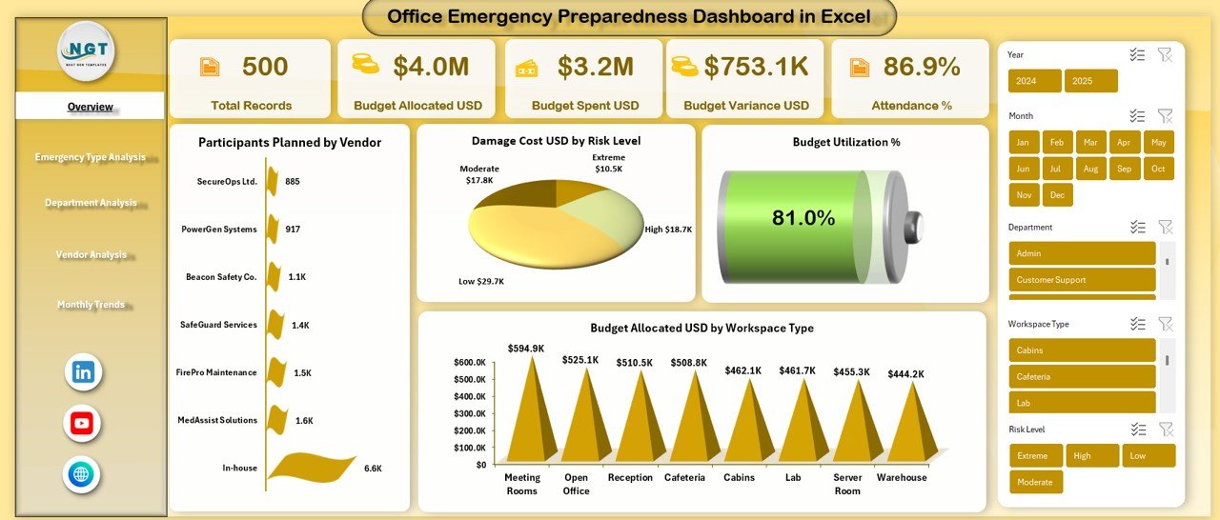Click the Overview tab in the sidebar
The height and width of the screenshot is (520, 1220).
90,107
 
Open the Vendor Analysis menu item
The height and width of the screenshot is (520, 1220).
91,254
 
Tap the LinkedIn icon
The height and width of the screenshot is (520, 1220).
83,372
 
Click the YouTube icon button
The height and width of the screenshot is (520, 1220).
82,424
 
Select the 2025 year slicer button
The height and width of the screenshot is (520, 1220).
1090,81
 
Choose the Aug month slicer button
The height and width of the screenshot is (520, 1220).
1091,169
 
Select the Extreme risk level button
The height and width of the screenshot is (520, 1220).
1035,455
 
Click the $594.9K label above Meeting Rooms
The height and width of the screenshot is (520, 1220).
526,349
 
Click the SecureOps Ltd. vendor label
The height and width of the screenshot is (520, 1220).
227,181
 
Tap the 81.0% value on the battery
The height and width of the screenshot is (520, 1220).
803,218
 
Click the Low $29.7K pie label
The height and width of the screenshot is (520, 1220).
481,282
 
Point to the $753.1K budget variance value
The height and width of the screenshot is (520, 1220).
756,66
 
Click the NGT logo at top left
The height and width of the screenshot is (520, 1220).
86,50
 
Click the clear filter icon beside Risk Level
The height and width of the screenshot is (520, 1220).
1165,430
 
